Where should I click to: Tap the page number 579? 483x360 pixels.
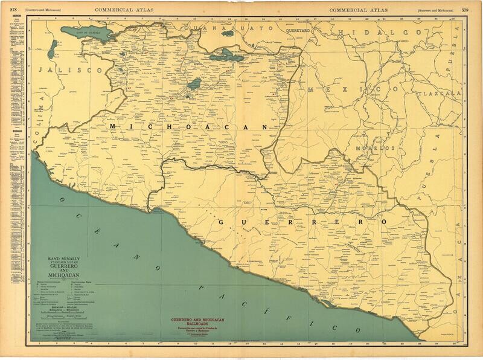coord(475,9)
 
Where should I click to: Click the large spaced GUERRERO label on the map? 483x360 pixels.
coord(302,222)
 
